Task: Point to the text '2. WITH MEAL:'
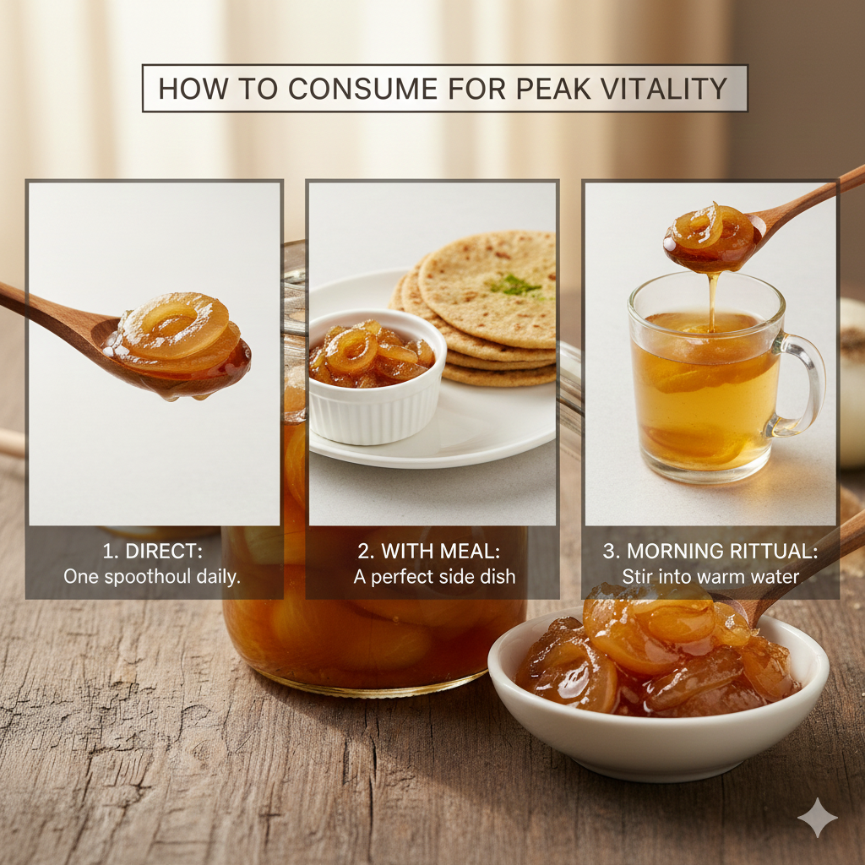429,552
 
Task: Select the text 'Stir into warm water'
710,577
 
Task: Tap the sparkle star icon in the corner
817,818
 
